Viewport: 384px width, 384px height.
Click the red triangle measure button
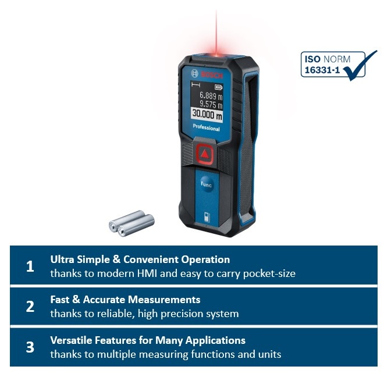tap(204, 154)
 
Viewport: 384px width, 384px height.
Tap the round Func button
tap(206, 184)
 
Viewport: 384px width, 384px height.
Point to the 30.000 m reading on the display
tap(207, 114)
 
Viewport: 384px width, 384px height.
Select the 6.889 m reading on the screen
tap(211, 95)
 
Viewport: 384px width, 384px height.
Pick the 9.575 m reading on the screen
tap(211, 104)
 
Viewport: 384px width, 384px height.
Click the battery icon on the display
tap(218, 87)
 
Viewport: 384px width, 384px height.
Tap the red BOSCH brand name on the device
tap(212, 75)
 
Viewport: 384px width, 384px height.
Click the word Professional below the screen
tap(206, 127)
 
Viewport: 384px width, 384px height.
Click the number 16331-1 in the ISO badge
tap(322, 70)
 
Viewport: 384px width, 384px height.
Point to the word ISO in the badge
tap(312, 59)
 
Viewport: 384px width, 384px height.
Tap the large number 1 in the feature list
tap(30, 266)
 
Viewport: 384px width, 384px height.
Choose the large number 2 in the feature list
tap(30, 307)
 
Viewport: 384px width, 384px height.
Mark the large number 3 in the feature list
tap(30, 347)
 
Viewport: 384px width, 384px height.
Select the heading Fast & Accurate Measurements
tap(125, 300)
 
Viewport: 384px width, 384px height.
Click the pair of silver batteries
tap(131, 223)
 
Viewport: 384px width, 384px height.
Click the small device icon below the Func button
tap(207, 217)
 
